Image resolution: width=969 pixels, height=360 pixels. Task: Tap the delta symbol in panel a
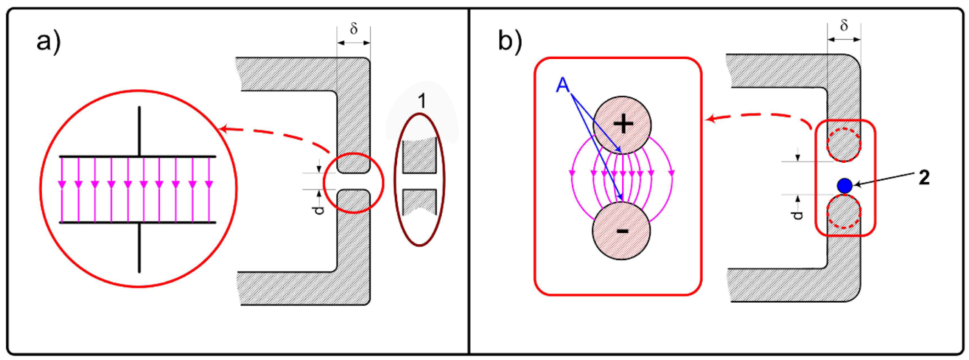point(354,29)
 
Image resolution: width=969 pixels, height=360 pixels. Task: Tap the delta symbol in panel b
point(844,26)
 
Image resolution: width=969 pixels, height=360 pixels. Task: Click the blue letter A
point(563,86)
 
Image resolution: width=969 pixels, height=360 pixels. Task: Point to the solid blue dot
point(844,185)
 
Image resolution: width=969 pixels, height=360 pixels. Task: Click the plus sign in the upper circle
point(623,124)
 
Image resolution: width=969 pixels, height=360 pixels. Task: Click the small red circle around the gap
point(383,183)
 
